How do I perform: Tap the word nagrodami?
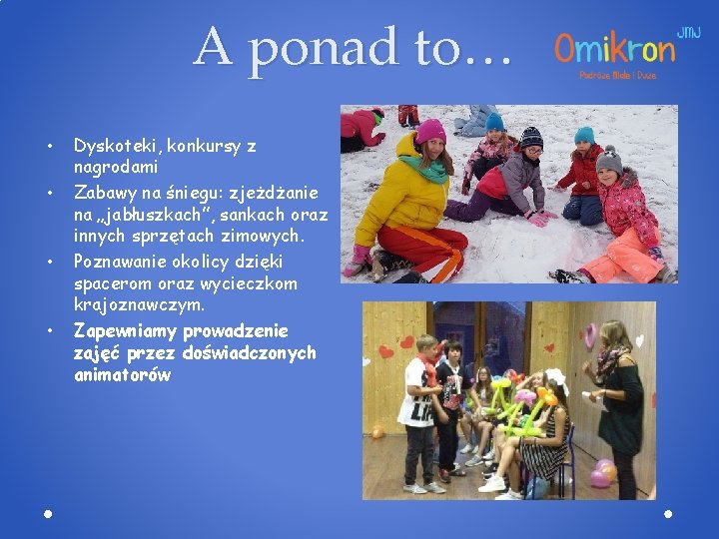click(x=116, y=166)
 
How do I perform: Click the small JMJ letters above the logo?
click(x=689, y=32)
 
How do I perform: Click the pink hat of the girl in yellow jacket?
click(x=430, y=131)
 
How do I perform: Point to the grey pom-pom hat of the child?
click(x=608, y=159)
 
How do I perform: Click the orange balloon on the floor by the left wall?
click(x=377, y=432)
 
